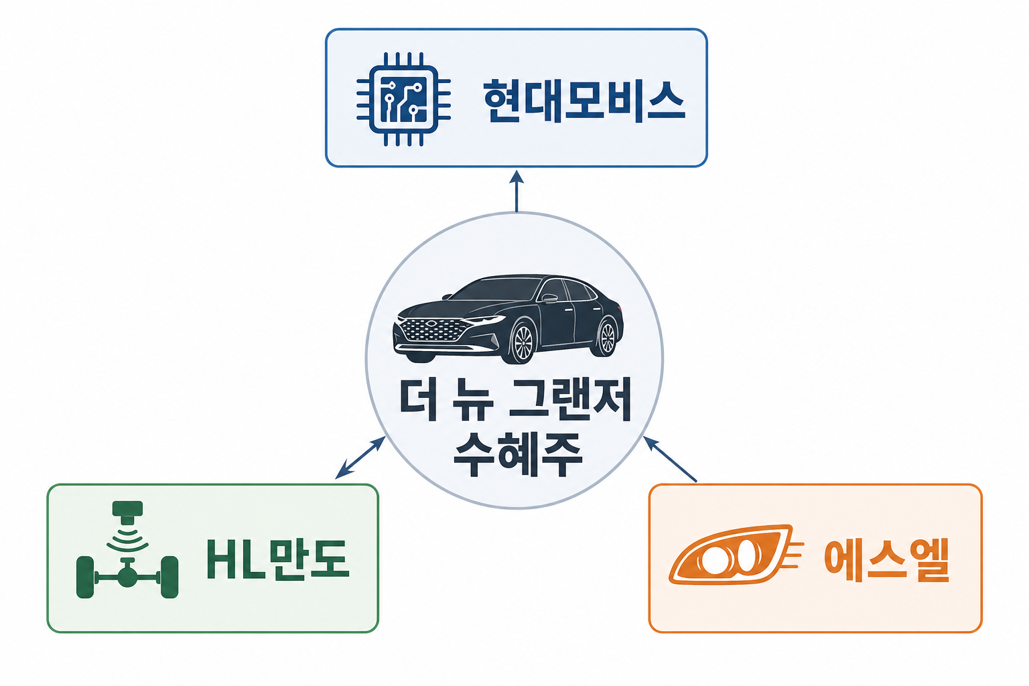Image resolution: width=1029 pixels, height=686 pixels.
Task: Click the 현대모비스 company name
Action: (584, 100)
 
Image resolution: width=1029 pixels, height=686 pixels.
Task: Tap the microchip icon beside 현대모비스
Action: (403, 100)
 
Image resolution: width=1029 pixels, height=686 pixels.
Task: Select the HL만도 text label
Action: (277, 559)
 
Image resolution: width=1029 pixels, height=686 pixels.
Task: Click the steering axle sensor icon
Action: (127, 551)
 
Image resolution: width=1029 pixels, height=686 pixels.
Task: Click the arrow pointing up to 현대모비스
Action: (516, 190)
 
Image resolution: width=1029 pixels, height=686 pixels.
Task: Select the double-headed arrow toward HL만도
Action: (360, 458)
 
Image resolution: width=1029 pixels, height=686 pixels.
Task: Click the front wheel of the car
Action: (521, 342)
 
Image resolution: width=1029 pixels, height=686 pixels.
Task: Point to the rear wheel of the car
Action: (606, 337)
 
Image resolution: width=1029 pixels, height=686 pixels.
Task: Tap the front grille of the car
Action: (432, 330)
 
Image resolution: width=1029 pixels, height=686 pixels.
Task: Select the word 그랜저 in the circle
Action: (570, 400)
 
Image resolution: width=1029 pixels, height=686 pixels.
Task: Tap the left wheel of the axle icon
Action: (85, 577)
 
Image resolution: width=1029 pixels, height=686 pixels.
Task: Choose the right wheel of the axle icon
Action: (169, 577)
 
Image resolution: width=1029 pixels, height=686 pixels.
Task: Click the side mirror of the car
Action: (549, 298)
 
